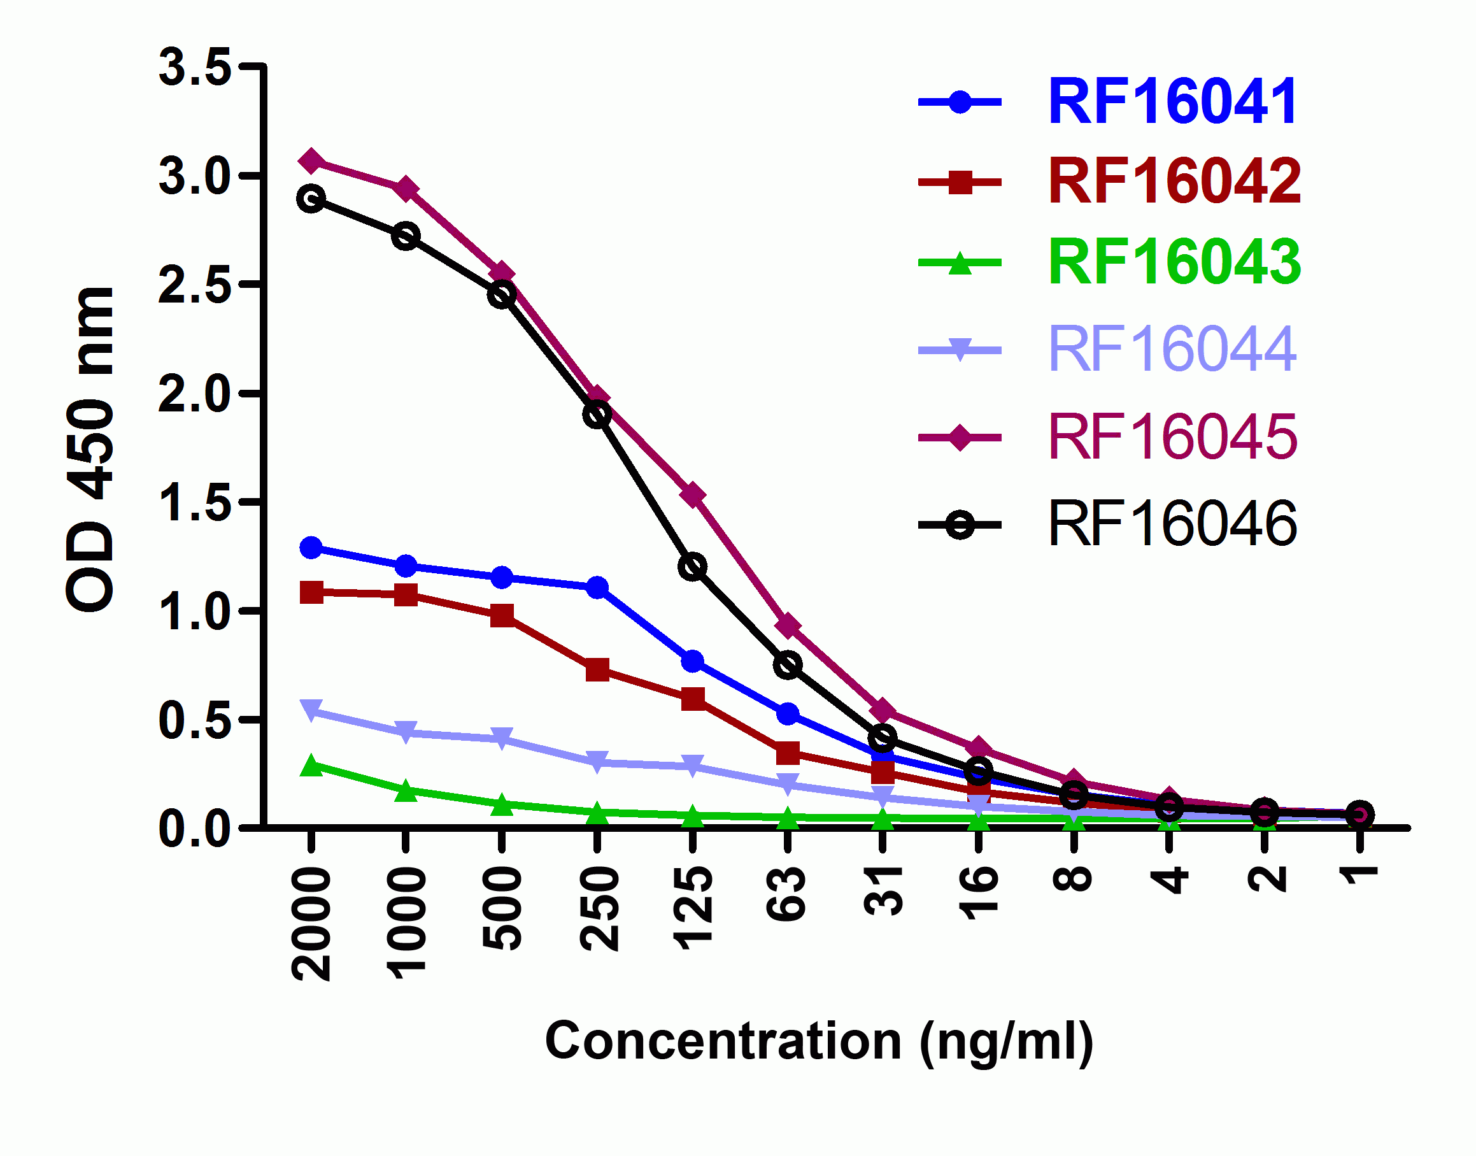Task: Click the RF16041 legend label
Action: [1172, 101]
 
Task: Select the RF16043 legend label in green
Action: [1174, 262]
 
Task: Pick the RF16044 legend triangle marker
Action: [959, 350]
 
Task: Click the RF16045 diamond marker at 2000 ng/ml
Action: [311, 161]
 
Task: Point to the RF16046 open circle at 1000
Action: [406, 236]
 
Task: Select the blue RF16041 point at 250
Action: [596, 587]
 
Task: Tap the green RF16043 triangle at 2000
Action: [311, 766]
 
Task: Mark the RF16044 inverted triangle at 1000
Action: [406, 732]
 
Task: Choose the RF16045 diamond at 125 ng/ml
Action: [692, 496]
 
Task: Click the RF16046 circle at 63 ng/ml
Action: [788, 665]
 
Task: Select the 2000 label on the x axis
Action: [311, 924]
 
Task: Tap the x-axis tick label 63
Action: [786, 894]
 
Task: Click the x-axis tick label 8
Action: [1073, 880]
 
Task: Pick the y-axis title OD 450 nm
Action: [90, 450]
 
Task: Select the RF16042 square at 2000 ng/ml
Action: [311, 592]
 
